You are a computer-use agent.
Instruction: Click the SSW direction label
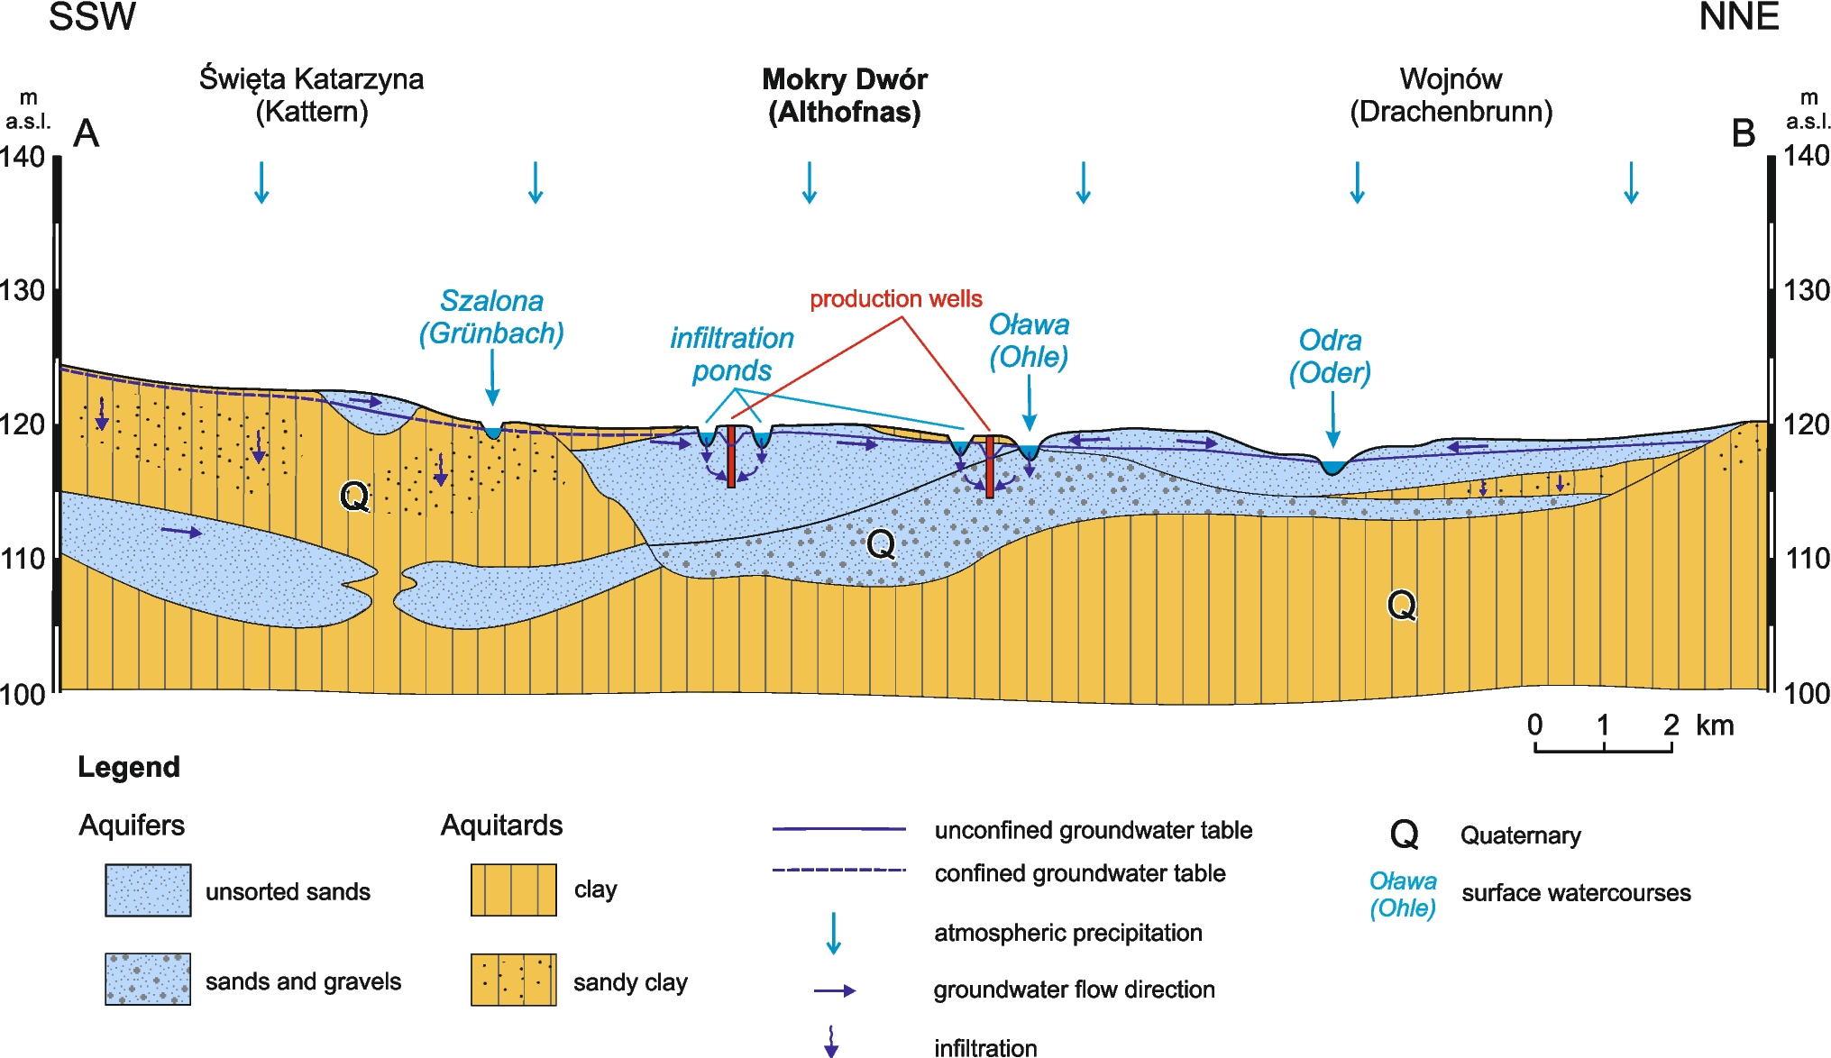(x=92, y=17)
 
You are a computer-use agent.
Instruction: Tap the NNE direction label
(x=1738, y=17)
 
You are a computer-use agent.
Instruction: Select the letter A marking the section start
(x=86, y=133)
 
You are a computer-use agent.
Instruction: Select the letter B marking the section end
(x=1744, y=133)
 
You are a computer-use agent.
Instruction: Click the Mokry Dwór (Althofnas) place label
(x=845, y=96)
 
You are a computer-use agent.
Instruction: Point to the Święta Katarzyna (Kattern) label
(x=311, y=96)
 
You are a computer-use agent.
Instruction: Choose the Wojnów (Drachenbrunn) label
(x=1451, y=96)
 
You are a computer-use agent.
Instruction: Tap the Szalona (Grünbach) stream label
(x=491, y=317)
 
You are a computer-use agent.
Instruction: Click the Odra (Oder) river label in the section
(x=1330, y=356)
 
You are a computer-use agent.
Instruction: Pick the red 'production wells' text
(x=895, y=299)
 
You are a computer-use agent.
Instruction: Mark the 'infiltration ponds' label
(x=731, y=354)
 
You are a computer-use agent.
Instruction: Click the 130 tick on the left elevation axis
(x=23, y=290)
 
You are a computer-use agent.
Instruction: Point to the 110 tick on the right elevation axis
(x=1807, y=559)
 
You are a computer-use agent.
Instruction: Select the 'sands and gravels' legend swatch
(x=148, y=980)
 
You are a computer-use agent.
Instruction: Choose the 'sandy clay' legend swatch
(x=513, y=980)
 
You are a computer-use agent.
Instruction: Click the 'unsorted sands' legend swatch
(x=148, y=890)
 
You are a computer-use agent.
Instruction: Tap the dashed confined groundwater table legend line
(x=838, y=871)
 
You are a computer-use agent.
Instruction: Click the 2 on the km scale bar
(x=1671, y=725)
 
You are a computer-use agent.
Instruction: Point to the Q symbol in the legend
(x=1404, y=835)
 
